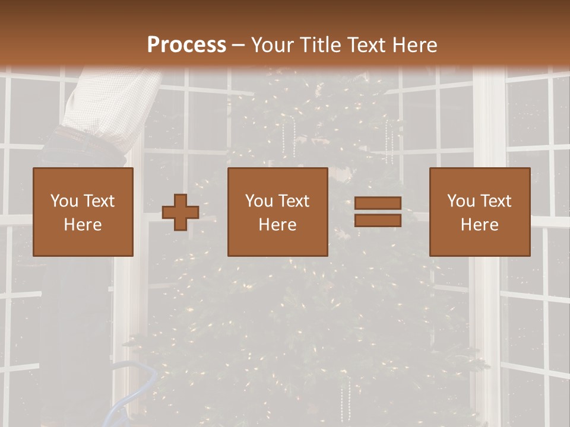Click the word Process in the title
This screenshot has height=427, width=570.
click(x=186, y=45)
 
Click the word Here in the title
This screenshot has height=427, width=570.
click(x=416, y=45)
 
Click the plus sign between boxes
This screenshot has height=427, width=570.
click(x=180, y=212)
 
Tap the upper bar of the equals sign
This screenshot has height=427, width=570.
click(x=378, y=203)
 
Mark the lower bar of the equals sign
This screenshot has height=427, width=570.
click(x=378, y=221)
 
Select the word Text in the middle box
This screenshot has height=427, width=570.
click(x=294, y=201)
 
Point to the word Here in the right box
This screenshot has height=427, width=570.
click(x=480, y=225)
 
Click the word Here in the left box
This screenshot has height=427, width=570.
click(x=83, y=225)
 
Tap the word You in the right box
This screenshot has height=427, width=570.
click(x=461, y=201)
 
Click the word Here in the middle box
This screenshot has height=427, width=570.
click(x=277, y=225)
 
